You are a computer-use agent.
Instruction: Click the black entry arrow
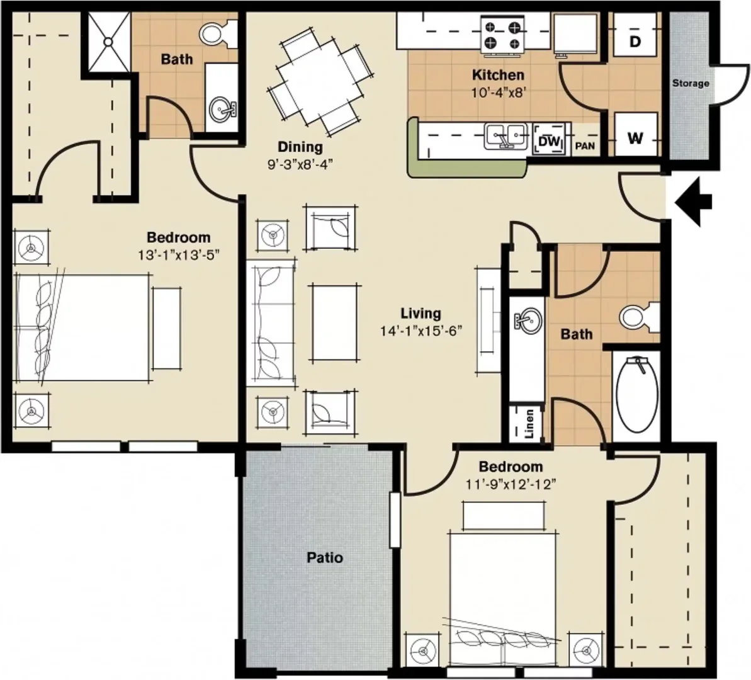pos(693,201)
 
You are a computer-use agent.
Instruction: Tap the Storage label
pos(690,83)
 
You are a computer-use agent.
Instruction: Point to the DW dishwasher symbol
pos(549,140)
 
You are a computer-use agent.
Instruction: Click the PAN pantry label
pos(585,145)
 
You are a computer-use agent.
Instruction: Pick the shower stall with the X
pos(109,42)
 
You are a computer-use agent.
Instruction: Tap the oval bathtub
pos(636,395)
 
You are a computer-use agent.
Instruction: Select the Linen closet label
pos(529,424)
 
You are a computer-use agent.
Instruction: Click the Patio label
pos(325,557)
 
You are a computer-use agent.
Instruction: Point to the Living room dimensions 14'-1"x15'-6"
pos(421,331)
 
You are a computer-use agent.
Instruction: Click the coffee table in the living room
pos(334,322)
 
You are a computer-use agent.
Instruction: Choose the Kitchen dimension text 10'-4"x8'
pos(499,93)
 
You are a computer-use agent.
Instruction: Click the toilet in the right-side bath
pos(640,316)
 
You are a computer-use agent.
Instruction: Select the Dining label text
pos(300,147)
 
